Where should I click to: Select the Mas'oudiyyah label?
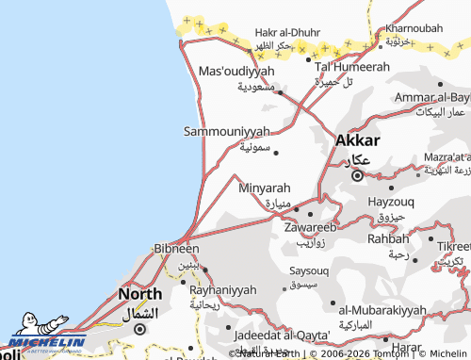tap(236, 71)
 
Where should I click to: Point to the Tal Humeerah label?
tap(351, 67)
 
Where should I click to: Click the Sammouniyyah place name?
tap(226, 131)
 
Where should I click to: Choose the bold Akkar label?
tap(358, 139)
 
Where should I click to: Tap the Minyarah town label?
tap(265, 188)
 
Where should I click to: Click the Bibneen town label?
tap(176, 249)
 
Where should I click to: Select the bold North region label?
tap(139, 295)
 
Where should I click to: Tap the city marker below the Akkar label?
tap(357, 174)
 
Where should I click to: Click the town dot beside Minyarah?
tap(296, 208)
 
